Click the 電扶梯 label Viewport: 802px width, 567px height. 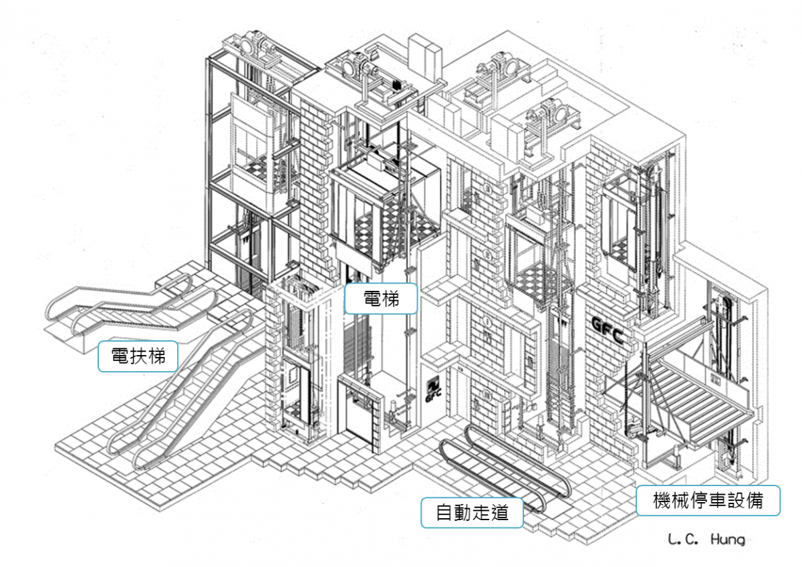pyautogui.click(x=138, y=356)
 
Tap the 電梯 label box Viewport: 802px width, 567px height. pyautogui.click(x=381, y=298)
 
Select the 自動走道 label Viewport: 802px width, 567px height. pyautogui.click(x=471, y=513)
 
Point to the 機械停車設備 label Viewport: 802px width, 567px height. pyautogui.click(x=707, y=500)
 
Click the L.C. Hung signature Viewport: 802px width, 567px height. pyautogui.click(x=706, y=539)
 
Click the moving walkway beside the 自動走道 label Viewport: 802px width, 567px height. pyautogui.click(x=501, y=468)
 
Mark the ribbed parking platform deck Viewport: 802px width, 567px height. pyautogui.click(x=695, y=394)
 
